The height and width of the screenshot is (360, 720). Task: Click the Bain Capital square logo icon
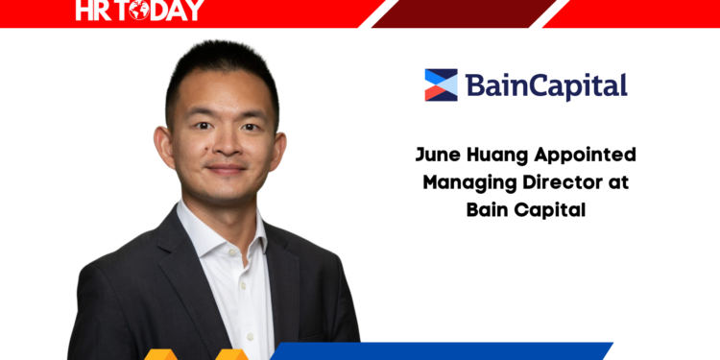click(442, 84)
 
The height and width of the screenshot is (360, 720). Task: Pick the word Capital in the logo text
click(580, 87)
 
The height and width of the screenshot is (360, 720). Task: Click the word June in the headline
click(436, 155)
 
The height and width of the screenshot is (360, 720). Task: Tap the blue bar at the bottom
click(451, 351)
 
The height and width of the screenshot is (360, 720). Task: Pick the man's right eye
click(200, 127)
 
